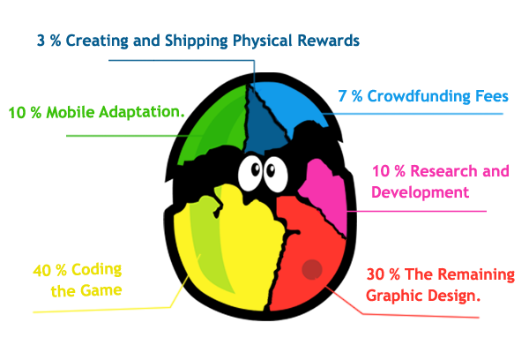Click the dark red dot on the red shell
pos(311,269)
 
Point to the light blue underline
pos(423,115)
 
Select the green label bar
pos(97,113)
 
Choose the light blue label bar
pos(423,96)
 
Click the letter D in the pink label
pos(376,191)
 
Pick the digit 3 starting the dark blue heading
pos(41,41)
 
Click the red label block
pos(436,287)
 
